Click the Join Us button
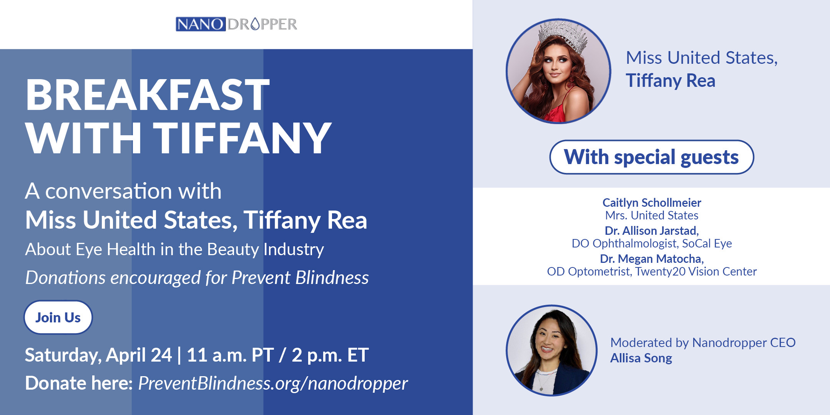(58, 317)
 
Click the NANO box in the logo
(201, 24)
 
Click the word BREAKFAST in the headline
(148, 95)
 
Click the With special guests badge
(651, 157)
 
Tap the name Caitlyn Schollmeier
(652, 203)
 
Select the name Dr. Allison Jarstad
(652, 231)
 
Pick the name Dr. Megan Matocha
(652, 259)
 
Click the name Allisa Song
(641, 358)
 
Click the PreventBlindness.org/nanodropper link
(273, 383)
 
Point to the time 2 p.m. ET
(330, 355)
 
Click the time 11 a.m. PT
(230, 355)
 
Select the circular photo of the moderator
(552, 350)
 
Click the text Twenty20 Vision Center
(696, 272)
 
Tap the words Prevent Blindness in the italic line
(300, 277)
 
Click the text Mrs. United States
(652, 216)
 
